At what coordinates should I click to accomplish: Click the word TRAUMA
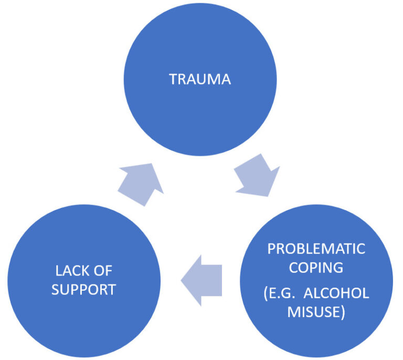click(x=199, y=79)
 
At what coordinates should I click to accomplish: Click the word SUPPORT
click(x=84, y=289)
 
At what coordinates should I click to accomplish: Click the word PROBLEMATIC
click(x=316, y=248)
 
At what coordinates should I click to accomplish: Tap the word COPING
click(x=316, y=267)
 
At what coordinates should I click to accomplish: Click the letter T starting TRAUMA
click(x=172, y=79)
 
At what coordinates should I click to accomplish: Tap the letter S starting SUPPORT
click(x=55, y=289)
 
